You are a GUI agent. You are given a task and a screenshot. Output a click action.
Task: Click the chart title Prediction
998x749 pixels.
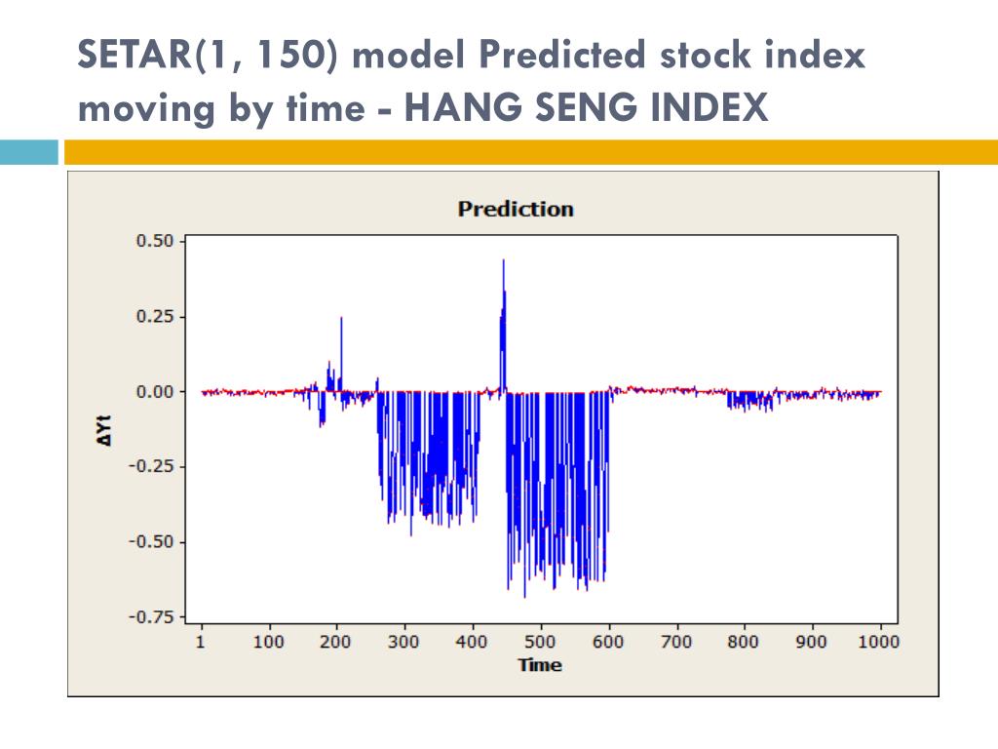click(516, 209)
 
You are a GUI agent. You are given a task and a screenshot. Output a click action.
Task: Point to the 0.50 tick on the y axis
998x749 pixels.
click(154, 241)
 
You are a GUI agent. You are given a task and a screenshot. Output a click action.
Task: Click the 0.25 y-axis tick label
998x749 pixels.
click(154, 316)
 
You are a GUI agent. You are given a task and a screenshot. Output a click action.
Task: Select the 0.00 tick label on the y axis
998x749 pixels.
click(154, 391)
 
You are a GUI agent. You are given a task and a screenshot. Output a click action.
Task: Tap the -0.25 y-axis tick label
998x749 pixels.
click(151, 466)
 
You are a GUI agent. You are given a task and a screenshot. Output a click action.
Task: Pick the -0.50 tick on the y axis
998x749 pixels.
click(151, 541)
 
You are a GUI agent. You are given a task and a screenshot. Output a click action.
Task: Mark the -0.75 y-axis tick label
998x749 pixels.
click(151, 616)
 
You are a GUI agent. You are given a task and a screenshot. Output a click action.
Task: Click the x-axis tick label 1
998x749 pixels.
click(202, 642)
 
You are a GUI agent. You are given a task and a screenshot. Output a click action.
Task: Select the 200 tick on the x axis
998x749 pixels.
click(335, 642)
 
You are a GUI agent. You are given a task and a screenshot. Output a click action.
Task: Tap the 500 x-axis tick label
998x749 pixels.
click(540, 642)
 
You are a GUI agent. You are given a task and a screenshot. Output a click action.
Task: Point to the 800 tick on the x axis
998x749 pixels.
click(744, 642)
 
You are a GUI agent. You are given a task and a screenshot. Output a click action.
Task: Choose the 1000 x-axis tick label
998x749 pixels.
click(880, 642)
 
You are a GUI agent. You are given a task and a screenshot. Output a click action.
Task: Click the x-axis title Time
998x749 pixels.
click(540, 665)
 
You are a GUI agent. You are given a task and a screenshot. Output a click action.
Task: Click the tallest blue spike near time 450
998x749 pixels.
click(503, 261)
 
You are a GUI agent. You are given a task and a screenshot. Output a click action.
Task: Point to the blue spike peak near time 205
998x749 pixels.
click(341, 319)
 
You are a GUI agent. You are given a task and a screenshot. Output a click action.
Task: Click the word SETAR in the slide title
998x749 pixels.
click(136, 57)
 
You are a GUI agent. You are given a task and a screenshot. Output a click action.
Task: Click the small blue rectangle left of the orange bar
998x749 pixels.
click(29, 152)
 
